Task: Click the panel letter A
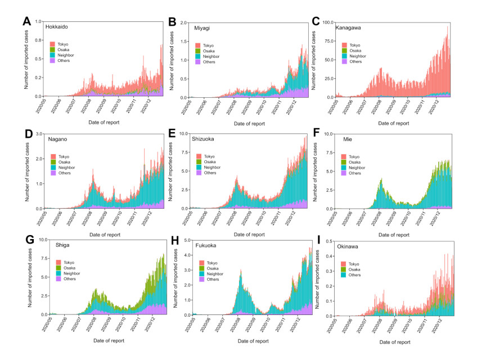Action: click(x=26, y=22)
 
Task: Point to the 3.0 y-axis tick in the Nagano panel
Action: click(x=39, y=134)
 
